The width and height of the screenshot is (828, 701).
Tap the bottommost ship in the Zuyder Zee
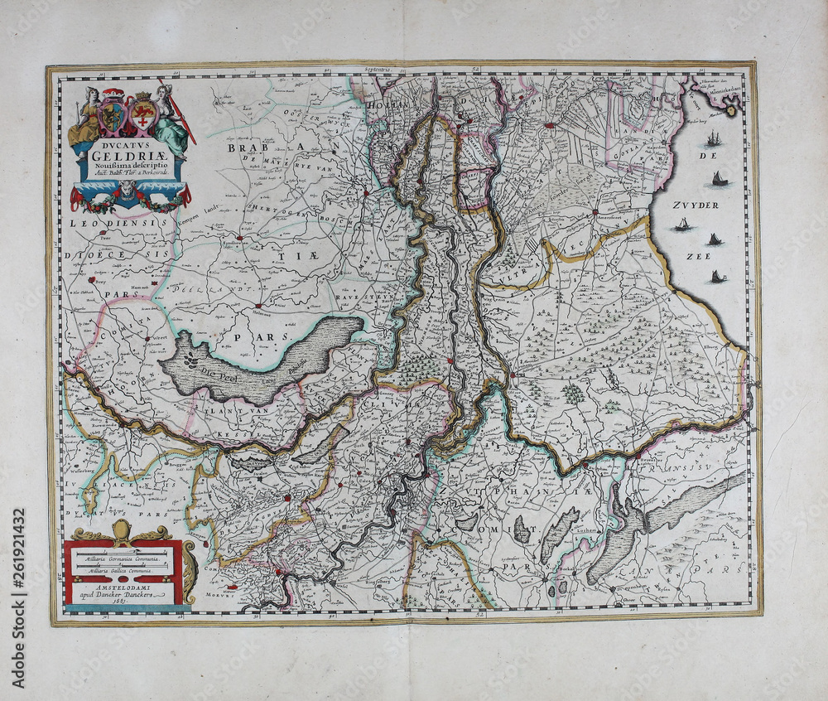717,276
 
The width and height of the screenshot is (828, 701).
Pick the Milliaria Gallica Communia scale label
122,572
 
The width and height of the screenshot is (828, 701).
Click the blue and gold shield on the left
113,116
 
